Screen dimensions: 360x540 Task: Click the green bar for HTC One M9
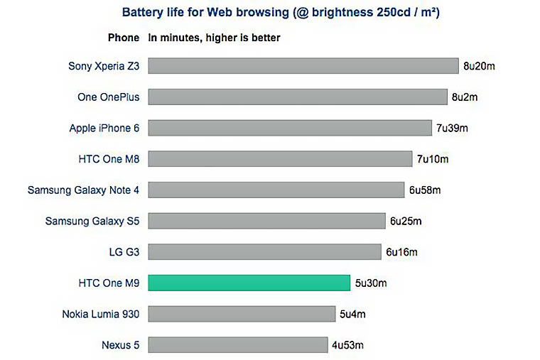point(249,283)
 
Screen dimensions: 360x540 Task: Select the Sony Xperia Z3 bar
point(303,66)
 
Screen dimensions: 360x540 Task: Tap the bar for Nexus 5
point(238,345)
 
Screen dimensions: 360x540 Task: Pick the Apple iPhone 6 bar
point(290,128)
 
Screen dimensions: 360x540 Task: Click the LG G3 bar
point(265,252)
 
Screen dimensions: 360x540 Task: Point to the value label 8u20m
point(479,66)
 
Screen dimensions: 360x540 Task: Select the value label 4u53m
point(348,346)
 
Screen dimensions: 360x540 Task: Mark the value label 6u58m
point(425,190)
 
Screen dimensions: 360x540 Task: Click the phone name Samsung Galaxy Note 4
point(83,190)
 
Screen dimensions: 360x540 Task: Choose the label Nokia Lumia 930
point(101,314)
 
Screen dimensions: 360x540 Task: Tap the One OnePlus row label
point(109,97)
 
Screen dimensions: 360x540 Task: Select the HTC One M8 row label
point(109,159)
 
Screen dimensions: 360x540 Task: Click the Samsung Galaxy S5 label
point(92,221)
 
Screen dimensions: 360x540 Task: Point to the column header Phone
point(123,38)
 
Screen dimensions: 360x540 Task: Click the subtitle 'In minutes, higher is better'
point(214,38)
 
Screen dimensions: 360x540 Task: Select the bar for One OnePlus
point(297,97)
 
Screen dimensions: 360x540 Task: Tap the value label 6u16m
point(401,252)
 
